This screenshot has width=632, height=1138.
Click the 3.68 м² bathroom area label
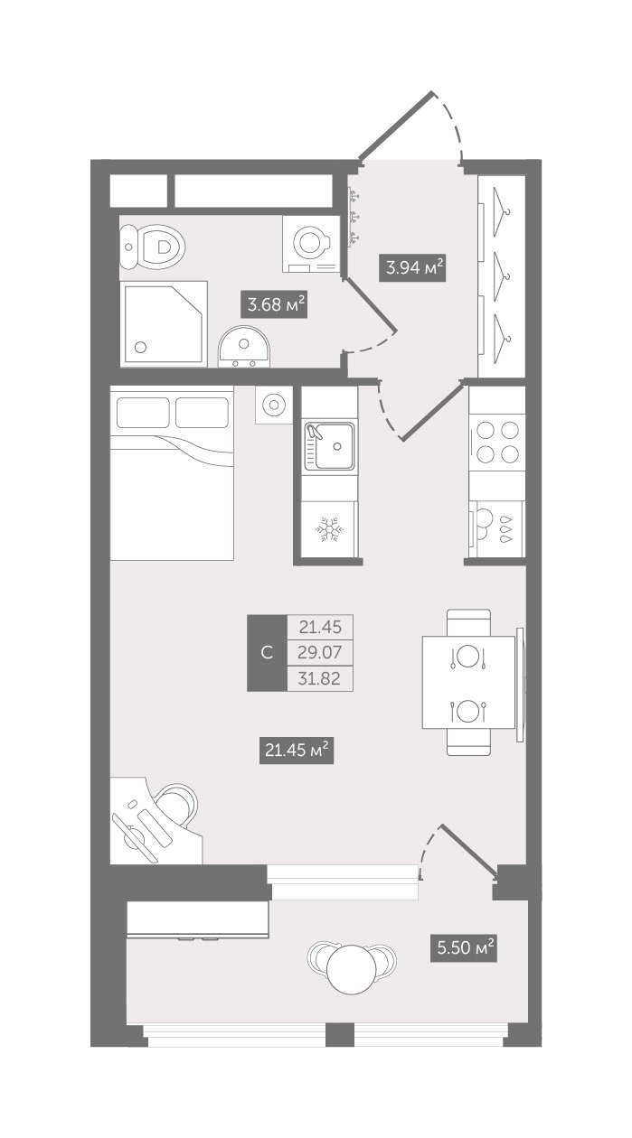[274, 304]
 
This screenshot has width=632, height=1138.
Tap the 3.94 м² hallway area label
[412, 267]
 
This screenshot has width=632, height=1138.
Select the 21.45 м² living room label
[297, 750]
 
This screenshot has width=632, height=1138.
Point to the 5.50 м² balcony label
[463, 948]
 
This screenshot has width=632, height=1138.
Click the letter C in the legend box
[267, 653]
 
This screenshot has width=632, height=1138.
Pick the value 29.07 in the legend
[320, 652]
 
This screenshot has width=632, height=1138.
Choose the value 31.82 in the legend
[319, 678]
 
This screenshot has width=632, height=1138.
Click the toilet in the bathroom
[152, 247]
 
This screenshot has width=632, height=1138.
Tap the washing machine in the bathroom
[312, 245]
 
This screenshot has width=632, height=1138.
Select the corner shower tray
[164, 323]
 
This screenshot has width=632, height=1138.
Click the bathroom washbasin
[244, 347]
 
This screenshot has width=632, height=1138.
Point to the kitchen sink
[329, 446]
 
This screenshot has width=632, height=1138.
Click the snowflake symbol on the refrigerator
[329, 529]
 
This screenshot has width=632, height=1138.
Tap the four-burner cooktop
[496, 442]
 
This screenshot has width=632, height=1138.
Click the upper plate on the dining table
[467, 656]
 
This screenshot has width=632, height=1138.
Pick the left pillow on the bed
[143, 413]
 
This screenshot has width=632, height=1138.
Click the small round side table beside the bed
[274, 405]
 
